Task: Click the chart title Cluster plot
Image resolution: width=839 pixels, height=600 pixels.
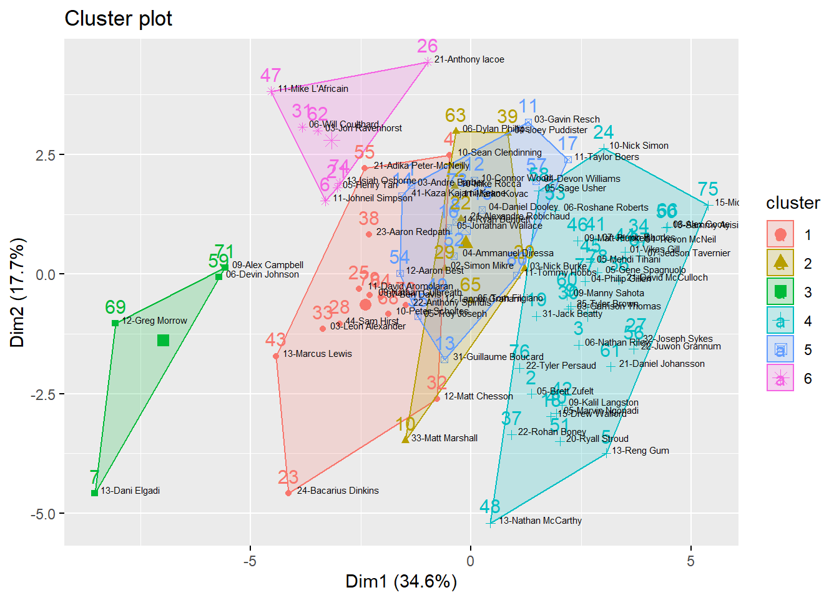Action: click(118, 19)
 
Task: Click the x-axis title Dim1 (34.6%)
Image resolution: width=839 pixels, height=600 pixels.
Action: click(401, 582)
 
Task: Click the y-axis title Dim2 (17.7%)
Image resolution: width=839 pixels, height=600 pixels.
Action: click(17, 292)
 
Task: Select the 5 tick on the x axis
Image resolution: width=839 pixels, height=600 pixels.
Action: click(690, 561)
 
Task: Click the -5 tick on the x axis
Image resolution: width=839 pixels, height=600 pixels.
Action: click(250, 561)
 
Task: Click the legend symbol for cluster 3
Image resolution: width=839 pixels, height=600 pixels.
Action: click(780, 292)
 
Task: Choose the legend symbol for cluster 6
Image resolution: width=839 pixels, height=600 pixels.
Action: click(780, 378)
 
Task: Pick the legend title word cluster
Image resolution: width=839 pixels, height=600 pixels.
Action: click(793, 203)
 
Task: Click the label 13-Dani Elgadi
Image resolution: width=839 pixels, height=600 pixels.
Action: click(130, 491)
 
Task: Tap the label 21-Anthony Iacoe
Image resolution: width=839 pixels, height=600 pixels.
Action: click(469, 59)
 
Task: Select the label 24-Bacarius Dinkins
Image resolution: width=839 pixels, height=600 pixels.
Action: click(337, 491)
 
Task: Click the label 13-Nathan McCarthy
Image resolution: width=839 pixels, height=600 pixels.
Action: click(540, 521)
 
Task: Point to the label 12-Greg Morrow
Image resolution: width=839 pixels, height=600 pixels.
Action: click(154, 321)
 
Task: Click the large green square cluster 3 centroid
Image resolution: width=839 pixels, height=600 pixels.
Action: click(163, 340)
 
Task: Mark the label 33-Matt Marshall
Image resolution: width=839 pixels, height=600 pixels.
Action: click(444, 438)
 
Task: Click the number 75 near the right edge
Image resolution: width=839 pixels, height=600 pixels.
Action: click(708, 189)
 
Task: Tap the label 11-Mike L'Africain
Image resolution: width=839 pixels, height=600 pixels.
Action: click(313, 89)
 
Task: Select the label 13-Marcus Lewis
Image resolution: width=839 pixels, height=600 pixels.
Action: click(317, 354)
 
